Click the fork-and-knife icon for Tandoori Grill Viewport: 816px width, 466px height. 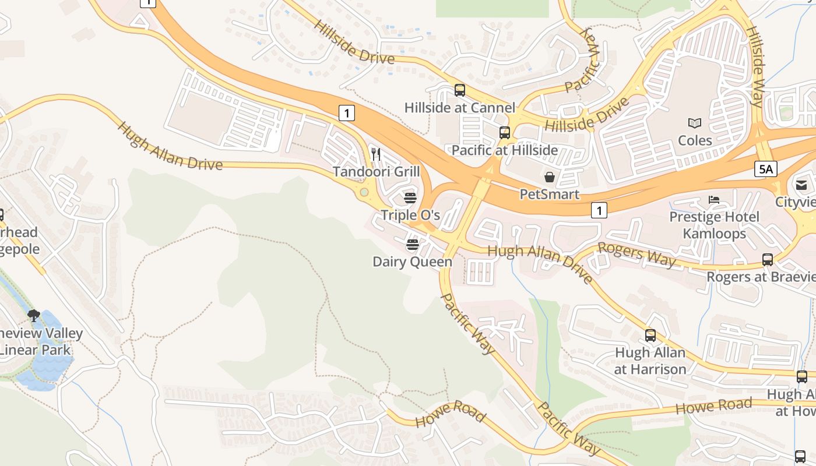point(376,154)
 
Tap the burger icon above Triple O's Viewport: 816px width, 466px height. point(410,198)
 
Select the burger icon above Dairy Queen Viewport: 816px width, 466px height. point(413,245)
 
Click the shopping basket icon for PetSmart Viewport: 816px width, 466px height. point(550,176)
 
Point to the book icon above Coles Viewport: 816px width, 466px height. point(695,123)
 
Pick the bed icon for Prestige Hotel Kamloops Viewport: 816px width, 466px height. point(714,200)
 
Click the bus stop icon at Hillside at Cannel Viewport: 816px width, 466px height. point(460,90)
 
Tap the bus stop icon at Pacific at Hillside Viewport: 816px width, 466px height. point(505,133)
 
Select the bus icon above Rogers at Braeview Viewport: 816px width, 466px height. point(768,260)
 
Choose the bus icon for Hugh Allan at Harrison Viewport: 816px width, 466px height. point(650,336)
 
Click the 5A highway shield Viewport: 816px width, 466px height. point(765,169)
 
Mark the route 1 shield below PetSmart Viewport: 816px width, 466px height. point(599,210)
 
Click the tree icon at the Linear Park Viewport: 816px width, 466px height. point(34,316)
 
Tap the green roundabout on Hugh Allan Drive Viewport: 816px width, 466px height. point(364,192)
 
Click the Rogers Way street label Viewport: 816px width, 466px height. point(636,255)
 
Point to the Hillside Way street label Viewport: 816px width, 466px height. point(756,66)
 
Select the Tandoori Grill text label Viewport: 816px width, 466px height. point(376,172)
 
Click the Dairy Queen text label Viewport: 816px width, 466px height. point(412,262)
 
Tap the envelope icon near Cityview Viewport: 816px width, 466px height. point(801,185)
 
